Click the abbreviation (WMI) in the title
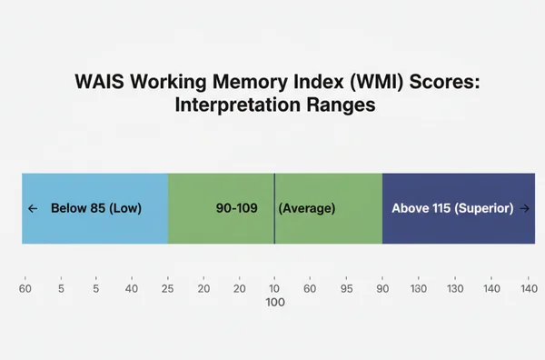[367, 81]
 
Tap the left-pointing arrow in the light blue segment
[33, 208]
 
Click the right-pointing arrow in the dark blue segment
[525, 208]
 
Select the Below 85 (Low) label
[96, 208]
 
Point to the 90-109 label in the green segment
[236, 208]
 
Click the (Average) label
[306, 208]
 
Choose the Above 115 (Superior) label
[452, 208]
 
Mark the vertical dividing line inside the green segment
[274, 208]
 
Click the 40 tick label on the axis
[132, 288]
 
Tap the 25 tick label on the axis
[168, 288]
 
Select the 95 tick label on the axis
[347, 288]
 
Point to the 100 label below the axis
[275, 303]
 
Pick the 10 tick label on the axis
[275, 288]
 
